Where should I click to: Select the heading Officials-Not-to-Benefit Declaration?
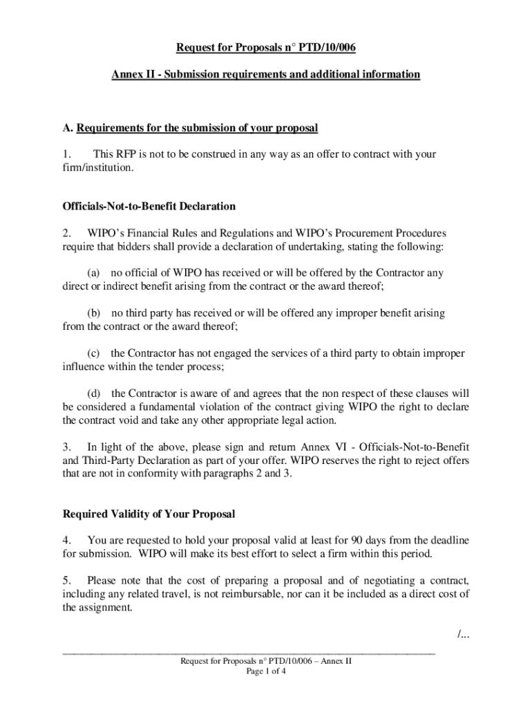coord(149,206)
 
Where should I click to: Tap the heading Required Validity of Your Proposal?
coord(149,514)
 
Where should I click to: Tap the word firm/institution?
coord(96,167)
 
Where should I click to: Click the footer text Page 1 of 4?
coord(266,671)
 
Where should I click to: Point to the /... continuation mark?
coord(462,635)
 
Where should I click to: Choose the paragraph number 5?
coord(66,579)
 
